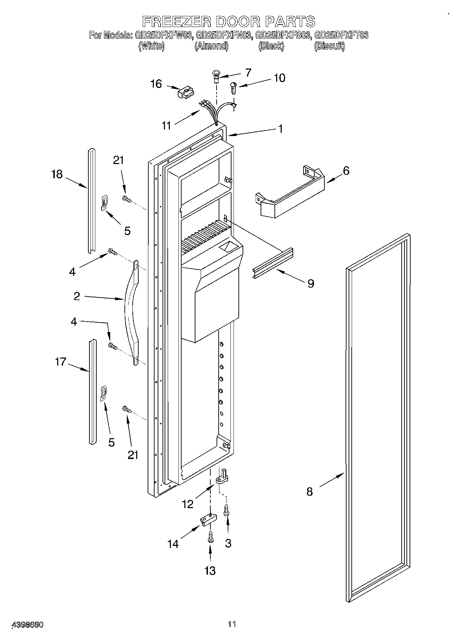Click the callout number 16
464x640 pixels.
(x=156, y=84)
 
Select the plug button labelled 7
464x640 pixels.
(x=216, y=76)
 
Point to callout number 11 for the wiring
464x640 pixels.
(x=167, y=125)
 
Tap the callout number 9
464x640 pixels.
(x=311, y=283)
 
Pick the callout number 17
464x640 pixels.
(x=60, y=362)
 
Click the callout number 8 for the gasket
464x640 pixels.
(x=309, y=492)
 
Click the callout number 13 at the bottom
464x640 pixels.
(x=210, y=570)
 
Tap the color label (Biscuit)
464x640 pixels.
(x=329, y=46)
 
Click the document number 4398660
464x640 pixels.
(x=27, y=625)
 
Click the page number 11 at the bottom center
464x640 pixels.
(x=232, y=624)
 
